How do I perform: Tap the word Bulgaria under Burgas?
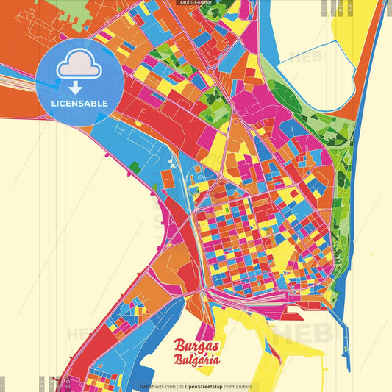197,360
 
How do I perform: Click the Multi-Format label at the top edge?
196,3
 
